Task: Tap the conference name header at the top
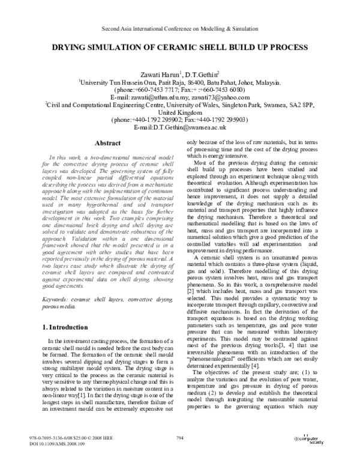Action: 179,28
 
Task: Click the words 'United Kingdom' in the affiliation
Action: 180,112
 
